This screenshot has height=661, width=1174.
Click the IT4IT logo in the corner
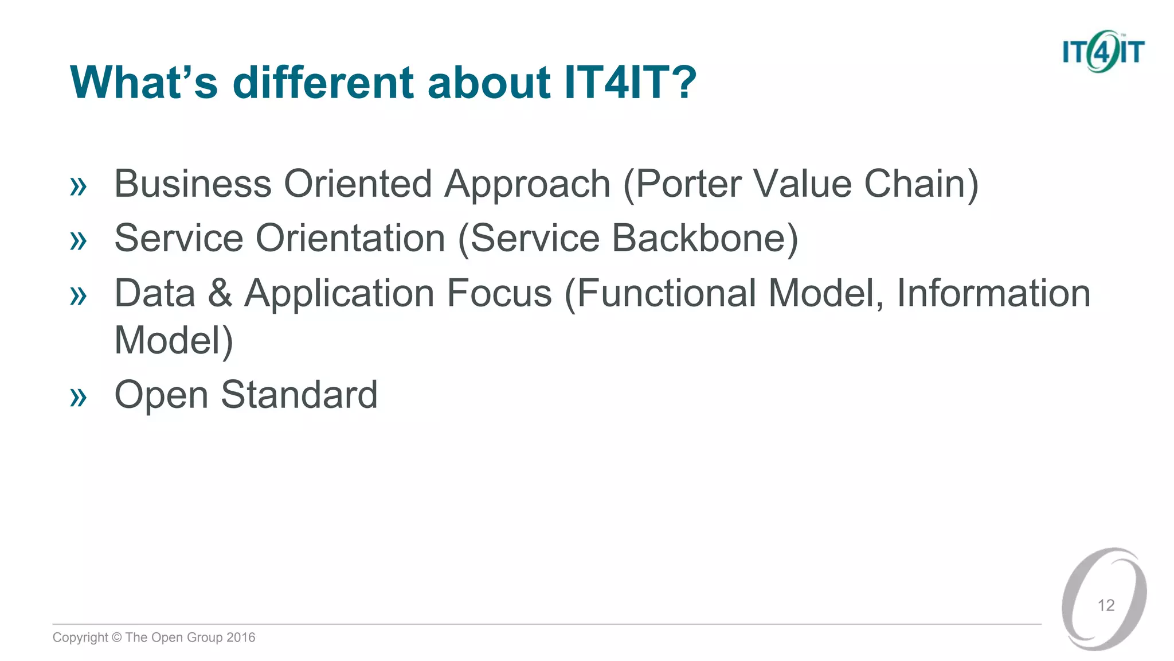pos(1103,52)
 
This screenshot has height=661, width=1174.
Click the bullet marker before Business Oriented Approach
pos(78,186)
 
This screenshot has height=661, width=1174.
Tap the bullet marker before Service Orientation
pos(78,240)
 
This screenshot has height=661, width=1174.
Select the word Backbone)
pos(705,238)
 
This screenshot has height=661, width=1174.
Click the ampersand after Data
pos(220,293)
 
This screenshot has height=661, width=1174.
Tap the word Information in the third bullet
pos(993,293)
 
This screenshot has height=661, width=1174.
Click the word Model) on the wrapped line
pos(174,340)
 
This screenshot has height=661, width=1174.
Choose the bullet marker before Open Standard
pos(78,397)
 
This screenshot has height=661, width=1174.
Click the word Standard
pos(299,395)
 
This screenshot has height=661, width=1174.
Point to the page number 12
pos(1106,605)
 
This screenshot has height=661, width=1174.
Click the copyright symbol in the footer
pos(116,637)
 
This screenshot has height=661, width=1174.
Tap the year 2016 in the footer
pos(241,637)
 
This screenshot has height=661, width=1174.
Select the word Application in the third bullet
pos(339,293)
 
